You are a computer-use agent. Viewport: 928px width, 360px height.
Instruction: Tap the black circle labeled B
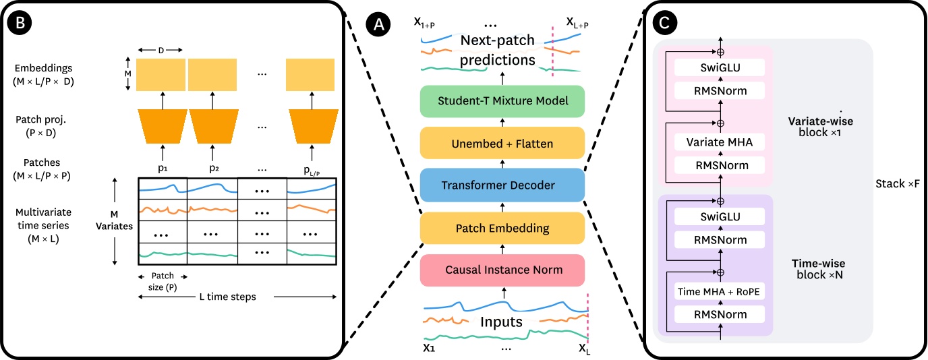pyautogui.click(x=18, y=24)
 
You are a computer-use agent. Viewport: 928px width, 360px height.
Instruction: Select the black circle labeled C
pyautogui.click(x=665, y=24)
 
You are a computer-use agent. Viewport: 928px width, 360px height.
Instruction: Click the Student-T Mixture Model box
pyautogui.click(x=502, y=102)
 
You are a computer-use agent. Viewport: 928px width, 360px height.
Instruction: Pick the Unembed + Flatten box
pyautogui.click(x=502, y=144)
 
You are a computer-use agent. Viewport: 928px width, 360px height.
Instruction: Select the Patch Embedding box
pyautogui.click(x=502, y=229)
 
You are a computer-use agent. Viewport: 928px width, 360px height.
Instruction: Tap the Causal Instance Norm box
pyautogui.click(x=502, y=270)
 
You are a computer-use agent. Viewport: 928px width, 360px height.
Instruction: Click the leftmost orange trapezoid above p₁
pyautogui.click(x=163, y=122)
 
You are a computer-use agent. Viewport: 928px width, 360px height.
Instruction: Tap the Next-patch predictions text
pyautogui.click(x=498, y=51)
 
